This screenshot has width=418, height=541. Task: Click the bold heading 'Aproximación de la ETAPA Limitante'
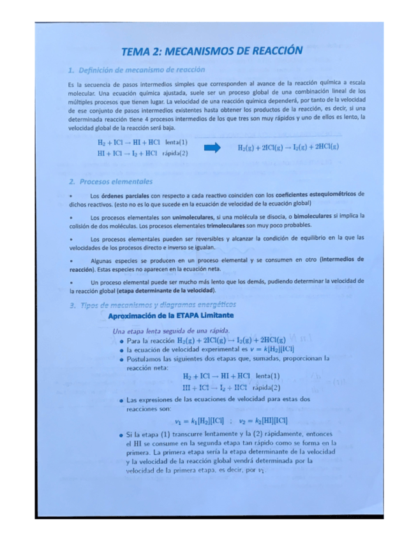[171, 316]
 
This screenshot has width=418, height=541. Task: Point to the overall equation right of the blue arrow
[288, 147]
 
